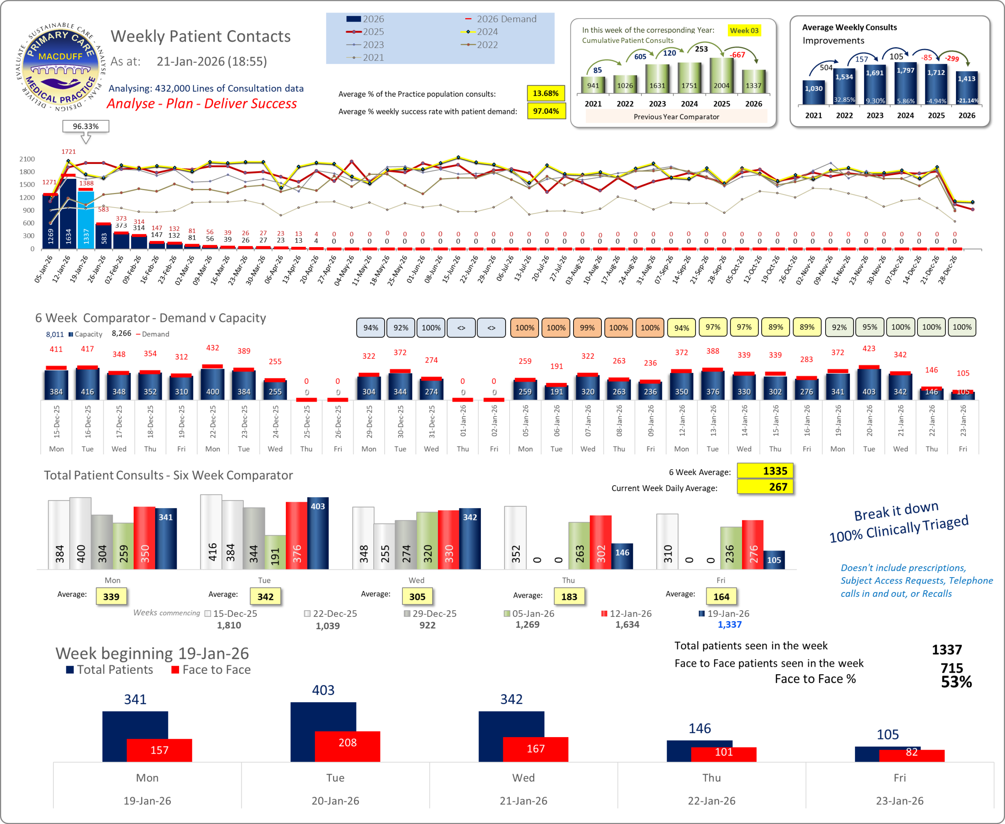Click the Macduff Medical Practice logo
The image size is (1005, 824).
61,66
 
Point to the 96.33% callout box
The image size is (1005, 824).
86,126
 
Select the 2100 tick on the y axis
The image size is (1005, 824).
27,159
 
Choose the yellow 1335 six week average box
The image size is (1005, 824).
765,471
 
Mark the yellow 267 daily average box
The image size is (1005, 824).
765,487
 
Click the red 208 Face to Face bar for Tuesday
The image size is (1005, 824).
347,746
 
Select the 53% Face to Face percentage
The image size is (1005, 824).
956,682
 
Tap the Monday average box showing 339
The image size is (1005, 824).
111,596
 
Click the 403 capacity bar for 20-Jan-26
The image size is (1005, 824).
869,384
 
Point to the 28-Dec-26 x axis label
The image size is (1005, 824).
948,270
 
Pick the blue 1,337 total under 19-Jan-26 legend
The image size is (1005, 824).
729,625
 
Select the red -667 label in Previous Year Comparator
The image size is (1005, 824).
737,55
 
